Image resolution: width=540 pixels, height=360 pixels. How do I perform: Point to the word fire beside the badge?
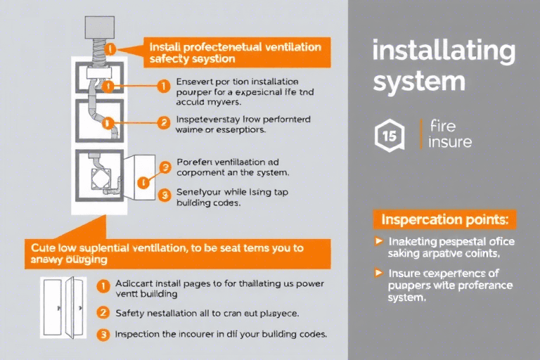[442, 127]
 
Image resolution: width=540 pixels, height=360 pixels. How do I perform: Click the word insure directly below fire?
[450, 142]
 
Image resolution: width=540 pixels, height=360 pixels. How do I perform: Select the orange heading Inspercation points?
[446, 219]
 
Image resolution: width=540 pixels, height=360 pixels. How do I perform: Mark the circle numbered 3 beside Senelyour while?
[164, 195]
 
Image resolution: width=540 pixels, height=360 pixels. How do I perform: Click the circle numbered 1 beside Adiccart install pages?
[103, 286]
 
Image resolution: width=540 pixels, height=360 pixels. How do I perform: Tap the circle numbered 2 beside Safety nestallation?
[103, 311]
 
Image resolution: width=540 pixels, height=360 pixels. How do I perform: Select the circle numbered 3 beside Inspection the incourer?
[103, 335]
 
